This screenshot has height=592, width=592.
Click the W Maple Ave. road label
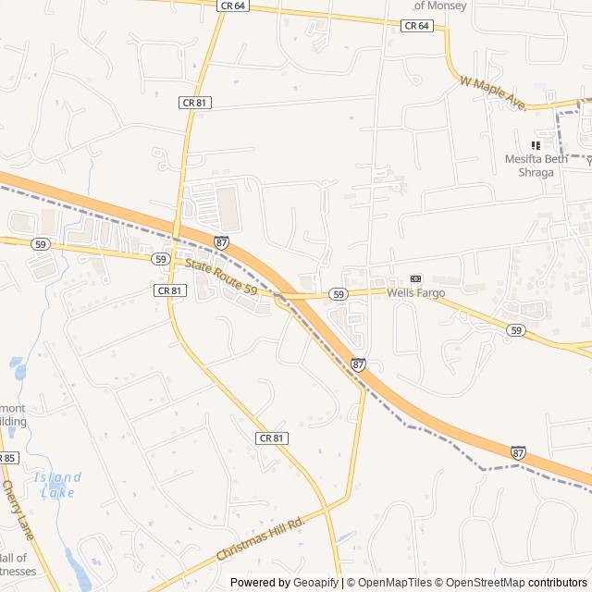(x=492, y=93)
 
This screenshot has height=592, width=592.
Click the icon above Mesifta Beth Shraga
(x=535, y=144)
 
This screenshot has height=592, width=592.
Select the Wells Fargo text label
(x=415, y=293)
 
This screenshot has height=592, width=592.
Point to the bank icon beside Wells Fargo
(x=415, y=278)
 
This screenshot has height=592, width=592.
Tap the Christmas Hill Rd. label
(x=260, y=538)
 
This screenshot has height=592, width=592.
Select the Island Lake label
(x=57, y=485)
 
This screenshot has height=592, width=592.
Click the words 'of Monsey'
(x=440, y=6)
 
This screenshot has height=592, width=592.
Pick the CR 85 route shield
(x=6, y=458)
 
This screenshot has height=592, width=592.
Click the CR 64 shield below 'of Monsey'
(x=417, y=26)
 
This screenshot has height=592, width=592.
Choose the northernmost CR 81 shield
(x=194, y=103)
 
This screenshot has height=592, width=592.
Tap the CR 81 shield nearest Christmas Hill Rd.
(x=271, y=438)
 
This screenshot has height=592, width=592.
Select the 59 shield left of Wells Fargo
(x=339, y=294)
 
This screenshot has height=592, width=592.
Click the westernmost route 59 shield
(x=40, y=243)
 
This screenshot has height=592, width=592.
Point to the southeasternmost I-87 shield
(x=518, y=453)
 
